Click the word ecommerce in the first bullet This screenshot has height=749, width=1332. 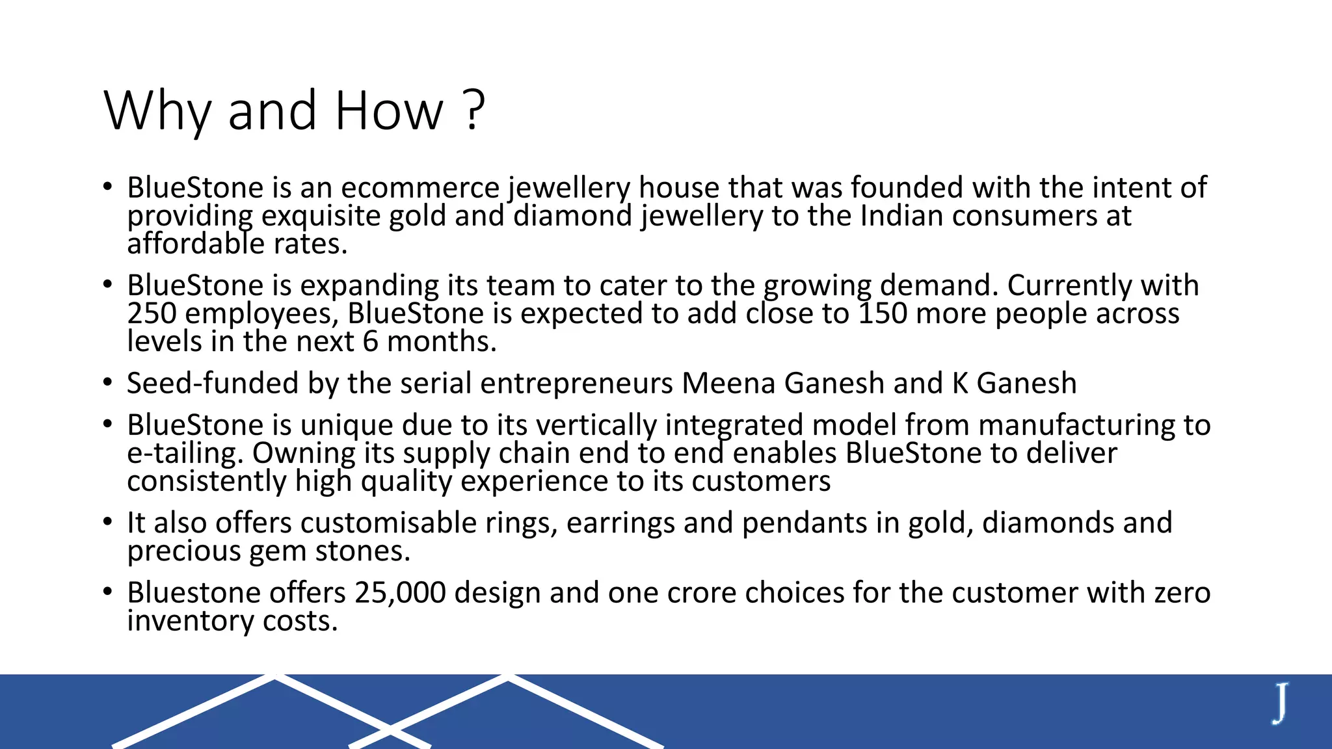pos(420,188)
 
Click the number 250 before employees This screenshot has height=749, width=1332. pos(152,313)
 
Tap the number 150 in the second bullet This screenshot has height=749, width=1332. pos(883,313)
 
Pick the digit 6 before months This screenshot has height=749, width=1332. pos(370,341)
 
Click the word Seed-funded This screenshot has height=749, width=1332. pos(213,383)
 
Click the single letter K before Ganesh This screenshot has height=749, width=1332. pos(960,383)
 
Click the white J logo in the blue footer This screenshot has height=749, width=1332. pos(1280,703)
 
